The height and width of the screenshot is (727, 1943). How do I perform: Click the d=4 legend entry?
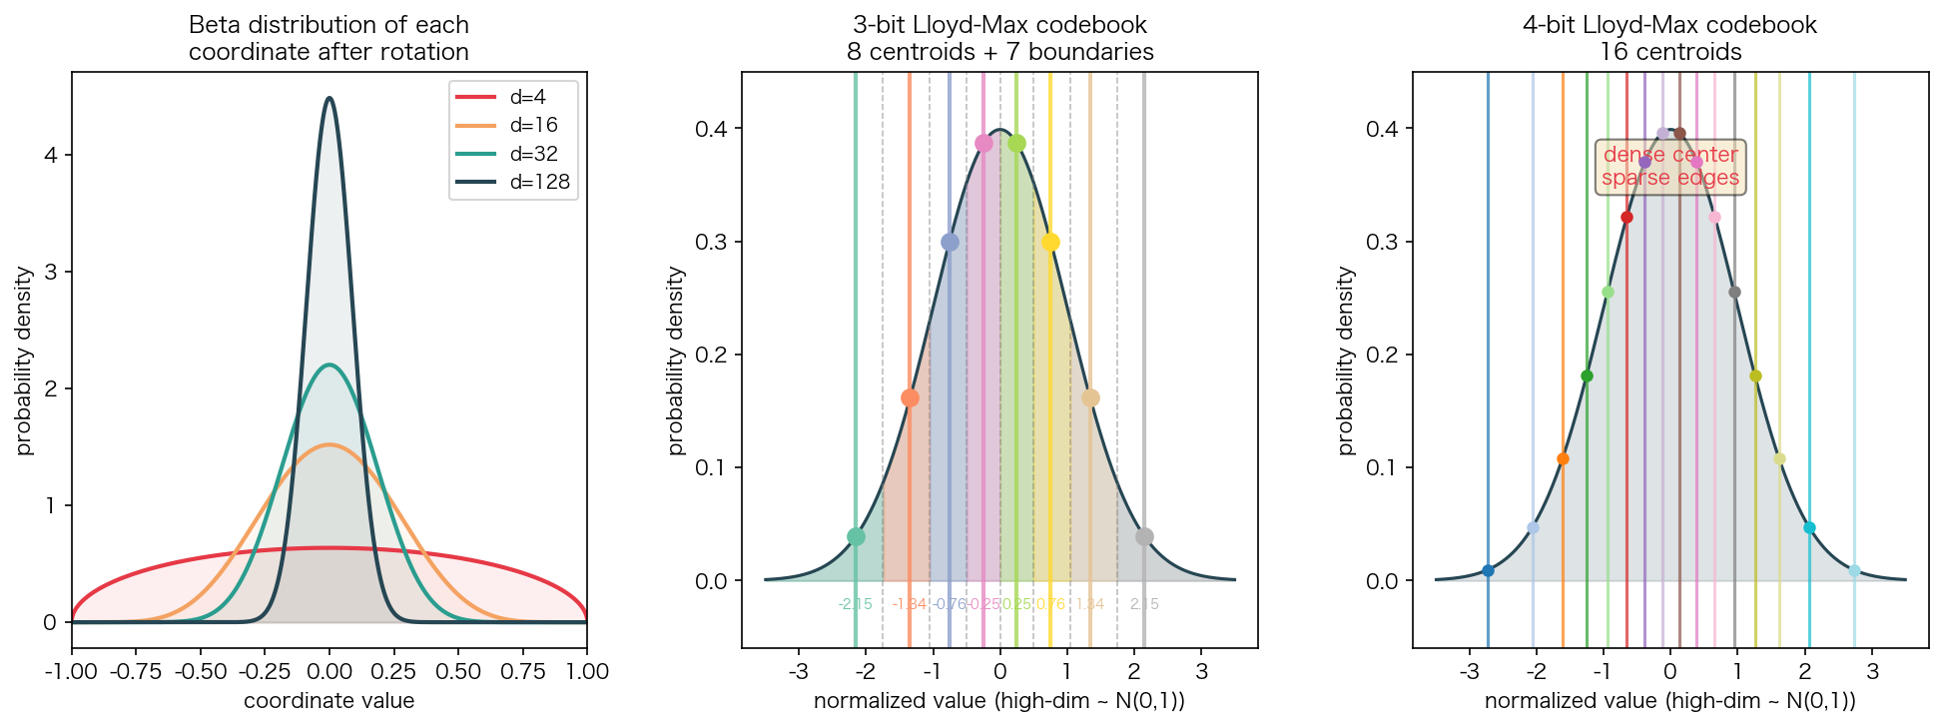(x=513, y=97)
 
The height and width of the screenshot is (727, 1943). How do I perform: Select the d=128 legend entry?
(x=513, y=182)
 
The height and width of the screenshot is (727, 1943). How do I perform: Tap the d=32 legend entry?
(x=513, y=154)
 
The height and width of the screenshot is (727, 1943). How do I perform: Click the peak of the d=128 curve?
(x=329, y=98)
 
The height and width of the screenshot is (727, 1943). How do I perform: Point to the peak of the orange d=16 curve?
(x=329, y=445)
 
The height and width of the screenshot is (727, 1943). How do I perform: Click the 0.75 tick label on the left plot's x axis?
(x=522, y=672)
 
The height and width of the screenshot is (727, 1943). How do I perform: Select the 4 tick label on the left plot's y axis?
(x=50, y=155)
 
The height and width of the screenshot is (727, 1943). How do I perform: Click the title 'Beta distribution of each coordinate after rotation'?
(x=328, y=38)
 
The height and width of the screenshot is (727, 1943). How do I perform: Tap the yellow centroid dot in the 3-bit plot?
(x=1050, y=243)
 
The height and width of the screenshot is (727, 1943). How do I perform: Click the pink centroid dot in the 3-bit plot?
(x=983, y=144)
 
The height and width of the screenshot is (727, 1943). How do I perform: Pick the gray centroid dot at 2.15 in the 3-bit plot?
(x=1144, y=537)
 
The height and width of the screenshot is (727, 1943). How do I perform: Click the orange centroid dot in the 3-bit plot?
(x=910, y=398)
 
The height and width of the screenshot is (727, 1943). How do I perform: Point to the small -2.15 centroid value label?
(x=856, y=604)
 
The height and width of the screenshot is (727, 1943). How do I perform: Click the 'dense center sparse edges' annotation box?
(x=1670, y=167)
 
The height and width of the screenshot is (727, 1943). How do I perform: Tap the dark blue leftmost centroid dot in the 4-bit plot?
(x=1488, y=571)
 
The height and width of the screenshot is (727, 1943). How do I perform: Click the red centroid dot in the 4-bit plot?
(x=1626, y=218)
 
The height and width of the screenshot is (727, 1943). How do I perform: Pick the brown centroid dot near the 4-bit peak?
(x=1679, y=134)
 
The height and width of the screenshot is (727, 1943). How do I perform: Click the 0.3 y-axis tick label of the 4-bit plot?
(x=1380, y=243)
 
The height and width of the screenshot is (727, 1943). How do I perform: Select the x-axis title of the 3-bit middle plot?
(x=999, y=701)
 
